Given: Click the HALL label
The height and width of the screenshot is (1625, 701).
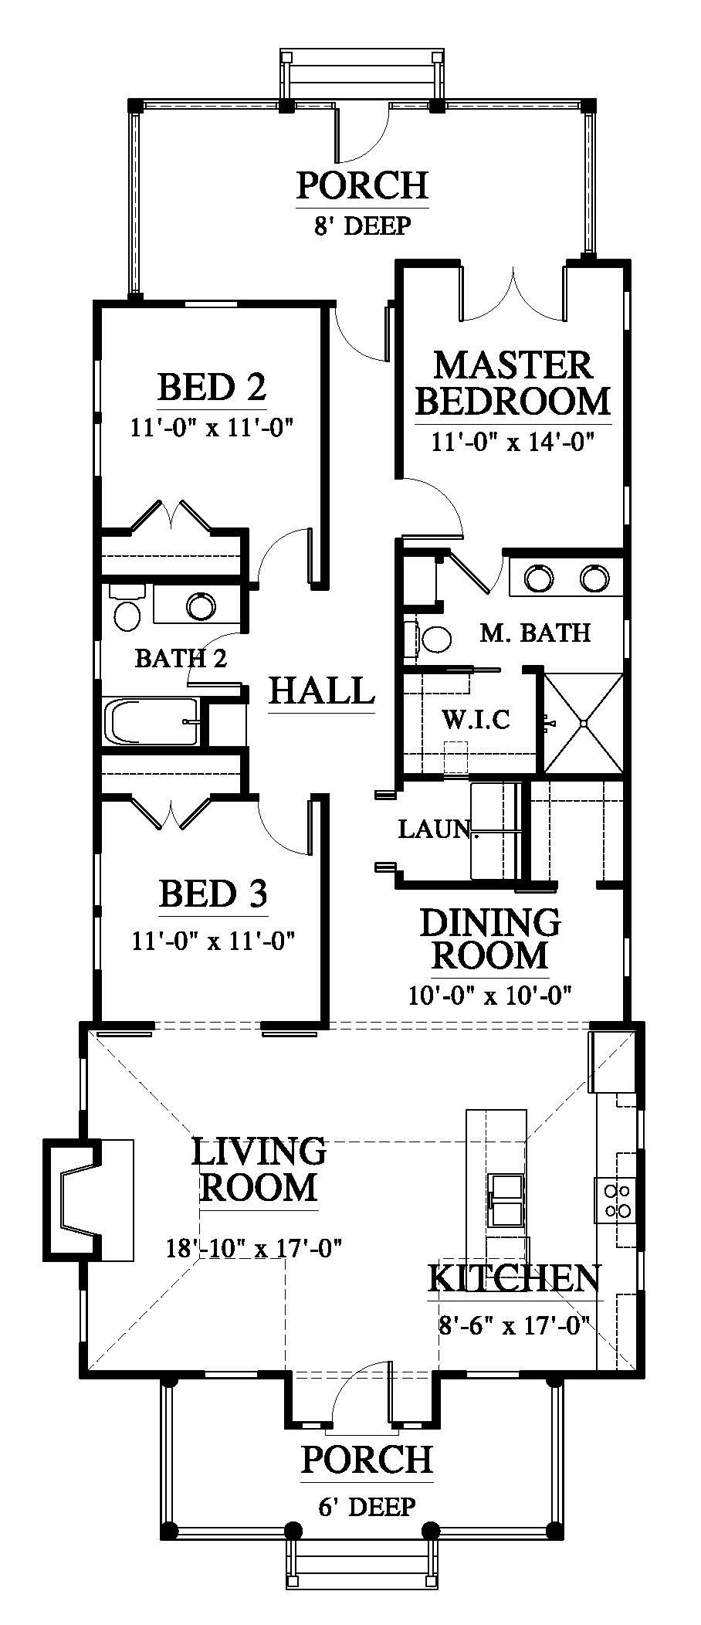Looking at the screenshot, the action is [x=321, y=690].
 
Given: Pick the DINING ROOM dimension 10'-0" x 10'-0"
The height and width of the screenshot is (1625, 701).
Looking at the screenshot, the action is [x=489, y=995].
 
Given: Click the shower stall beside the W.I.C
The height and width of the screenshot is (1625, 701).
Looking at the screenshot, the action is [x=584, y=722].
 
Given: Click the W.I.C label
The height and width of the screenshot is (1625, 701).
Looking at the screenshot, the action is [x=476, y=720].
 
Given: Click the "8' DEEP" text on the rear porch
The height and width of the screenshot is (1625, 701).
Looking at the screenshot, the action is [x=362, y=226].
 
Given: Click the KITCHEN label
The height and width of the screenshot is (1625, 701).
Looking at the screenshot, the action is [x=514, y=1299].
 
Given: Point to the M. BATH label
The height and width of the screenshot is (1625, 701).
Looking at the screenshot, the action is [x=535, y=633].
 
